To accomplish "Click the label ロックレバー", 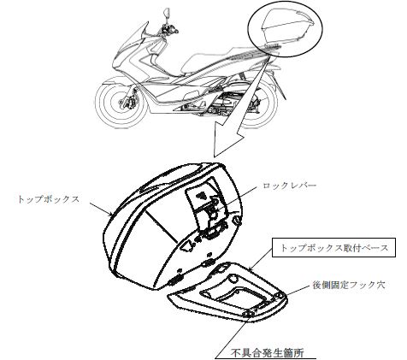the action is pos(289,186).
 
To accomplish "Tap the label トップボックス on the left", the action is pos(48,199).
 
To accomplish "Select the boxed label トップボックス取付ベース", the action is pos(333,248).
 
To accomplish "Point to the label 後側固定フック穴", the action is pos(350,285).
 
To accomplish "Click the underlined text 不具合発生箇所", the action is pos(267,353).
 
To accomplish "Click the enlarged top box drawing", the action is pos(173,225).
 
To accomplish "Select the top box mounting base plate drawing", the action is pos(227,293).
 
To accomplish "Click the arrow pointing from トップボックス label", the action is pos(101,209).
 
